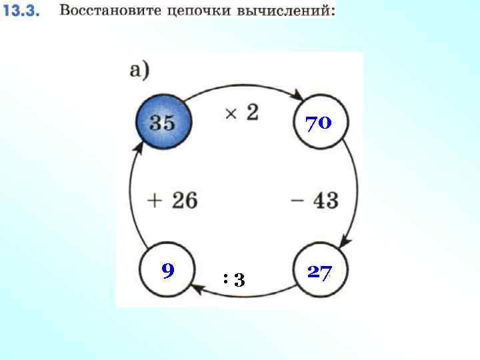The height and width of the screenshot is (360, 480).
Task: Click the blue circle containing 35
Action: [x=163, y=123]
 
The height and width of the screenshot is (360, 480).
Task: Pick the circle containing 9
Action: [x=167, y=271]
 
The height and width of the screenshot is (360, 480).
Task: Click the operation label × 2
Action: [x=241, y=113]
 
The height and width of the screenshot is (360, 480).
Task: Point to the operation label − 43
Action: [x=315, y=199]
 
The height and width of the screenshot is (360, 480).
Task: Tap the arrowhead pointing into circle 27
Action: [x=345, y=241]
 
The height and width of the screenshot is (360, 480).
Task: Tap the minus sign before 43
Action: [x=297, y=199]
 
